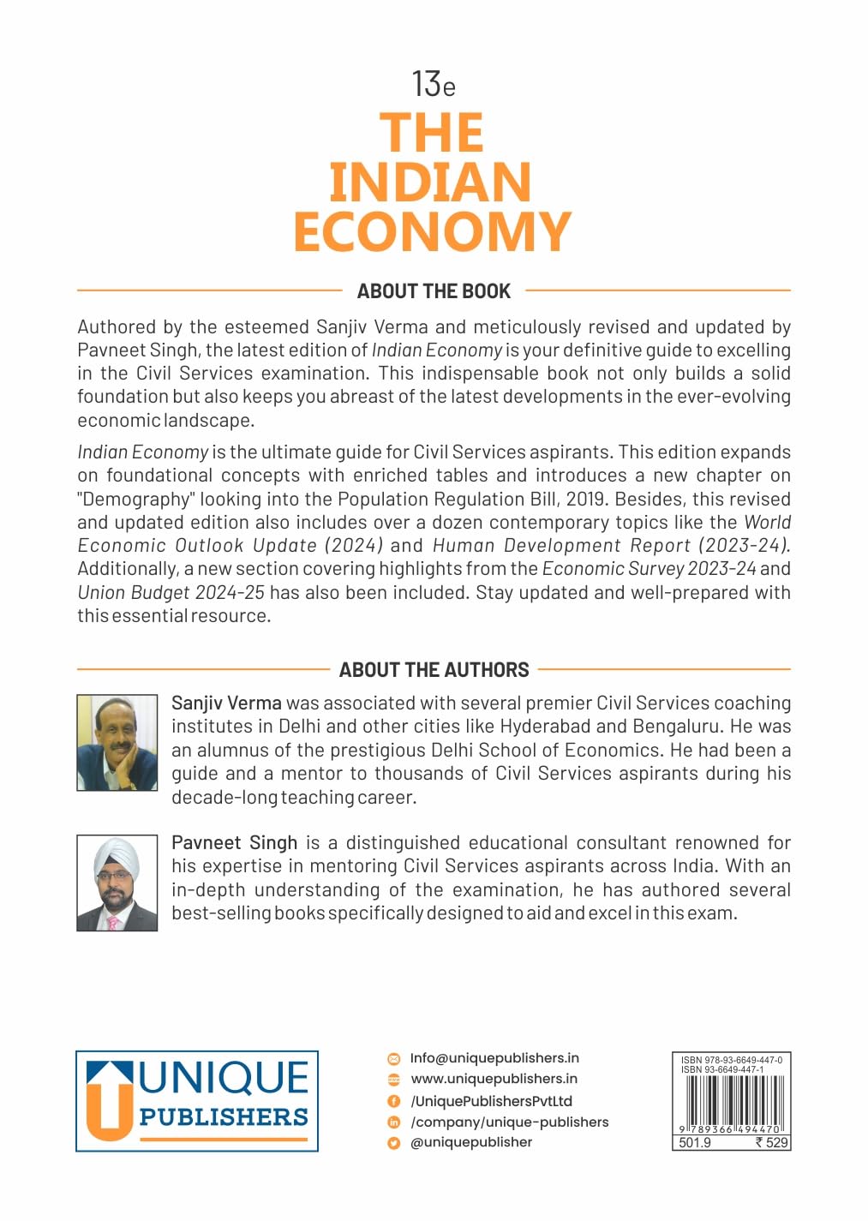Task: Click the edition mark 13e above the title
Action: [x=433, y=84]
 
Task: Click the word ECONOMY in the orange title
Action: [x=432, y=231]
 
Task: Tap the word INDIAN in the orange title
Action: [x=430, y=182]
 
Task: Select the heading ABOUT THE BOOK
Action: [x=434, y=291]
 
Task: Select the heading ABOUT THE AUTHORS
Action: [x=434, y=670]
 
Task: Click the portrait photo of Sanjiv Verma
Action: [x=117, y=742]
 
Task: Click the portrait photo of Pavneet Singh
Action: [x=117, y=883]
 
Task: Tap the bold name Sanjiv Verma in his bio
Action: [x=226, y=703]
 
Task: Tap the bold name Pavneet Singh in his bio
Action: [x=234, y=843]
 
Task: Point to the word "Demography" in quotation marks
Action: [x=135, y=500]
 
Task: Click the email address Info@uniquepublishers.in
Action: [x=494, y=1058]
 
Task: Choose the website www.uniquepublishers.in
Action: [x=494, y=1079]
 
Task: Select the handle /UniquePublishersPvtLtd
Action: [x=491, y=1101]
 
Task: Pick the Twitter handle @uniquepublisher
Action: [x=471, y=1142]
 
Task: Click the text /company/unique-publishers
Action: [x=509, y=1122]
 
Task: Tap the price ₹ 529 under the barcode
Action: [x=771, y=1143]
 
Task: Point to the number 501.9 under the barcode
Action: [x=695, y=1143]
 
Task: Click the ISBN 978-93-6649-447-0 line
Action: [x=731, y=1060]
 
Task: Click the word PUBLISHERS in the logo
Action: [x=224, y=1117]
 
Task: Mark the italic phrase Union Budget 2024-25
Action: [x=171, y=593]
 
